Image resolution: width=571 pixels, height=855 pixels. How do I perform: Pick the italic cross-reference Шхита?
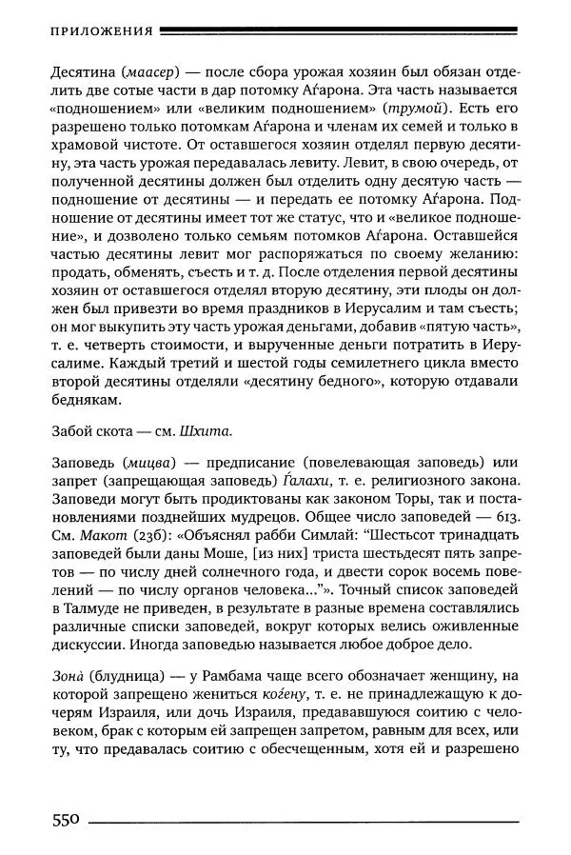tap(205, 430)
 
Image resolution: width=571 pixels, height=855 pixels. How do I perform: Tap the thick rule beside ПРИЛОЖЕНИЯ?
tap(338, 30)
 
